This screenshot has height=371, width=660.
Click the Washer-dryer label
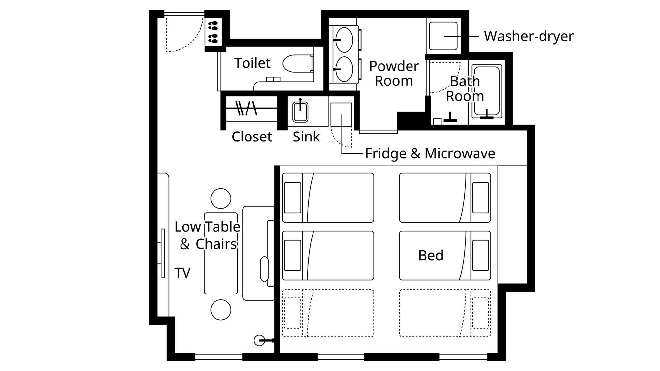coord(529,36)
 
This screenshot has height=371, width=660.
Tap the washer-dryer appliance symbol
coord(443,36)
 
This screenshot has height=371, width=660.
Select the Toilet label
coord(252,63)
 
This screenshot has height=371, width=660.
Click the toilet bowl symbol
coord(297,63)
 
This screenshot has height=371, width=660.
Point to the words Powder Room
coord(394,74)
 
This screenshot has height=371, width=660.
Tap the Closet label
coord(252,137)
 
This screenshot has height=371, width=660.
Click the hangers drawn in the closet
coord(247,108)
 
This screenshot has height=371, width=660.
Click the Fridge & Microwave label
coord(430,153)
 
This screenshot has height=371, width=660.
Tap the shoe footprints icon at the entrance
coord(213,32)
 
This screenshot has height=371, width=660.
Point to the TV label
coord(182,273)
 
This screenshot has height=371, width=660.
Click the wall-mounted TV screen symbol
coord(163,253)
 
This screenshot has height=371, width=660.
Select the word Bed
coord(431,255)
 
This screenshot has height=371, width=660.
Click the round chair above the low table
coord(221,199)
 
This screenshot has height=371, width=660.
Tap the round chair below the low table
coord(221,310)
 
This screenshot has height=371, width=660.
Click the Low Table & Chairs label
coord(207,235)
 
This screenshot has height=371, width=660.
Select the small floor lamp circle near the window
coord(259,340)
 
